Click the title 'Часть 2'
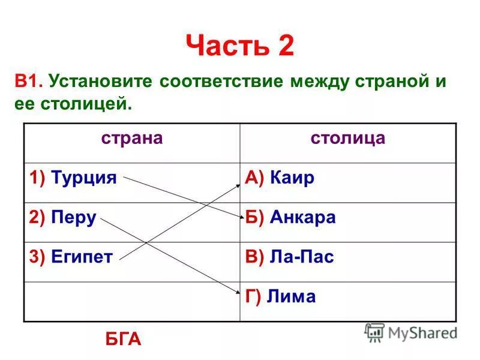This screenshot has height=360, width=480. pyautogui.click(x=240, y=46)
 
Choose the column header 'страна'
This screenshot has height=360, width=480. pyautogui.click(x=131, y=139)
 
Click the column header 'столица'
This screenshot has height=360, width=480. pyautogui.click(x=347, y=139)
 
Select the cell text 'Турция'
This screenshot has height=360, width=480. pyautogui.click(x=83, y=178)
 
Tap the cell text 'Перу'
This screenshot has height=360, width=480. pyautogui.click(x=74, y=218)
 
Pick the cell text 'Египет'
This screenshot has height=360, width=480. pyautogui.click(x=82, y=257)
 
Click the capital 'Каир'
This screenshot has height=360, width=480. pyautogui.click(x=292, y=178)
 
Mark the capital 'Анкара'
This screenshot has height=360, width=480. pyautogui.click(x=303, y=218)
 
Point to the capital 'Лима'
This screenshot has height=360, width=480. pyautogui.click(x=292, y=296)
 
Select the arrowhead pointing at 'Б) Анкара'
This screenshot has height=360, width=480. pyautogui.click(x=238, y=217)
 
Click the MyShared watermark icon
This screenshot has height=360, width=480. pyautogui.click(x=375, y=332)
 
